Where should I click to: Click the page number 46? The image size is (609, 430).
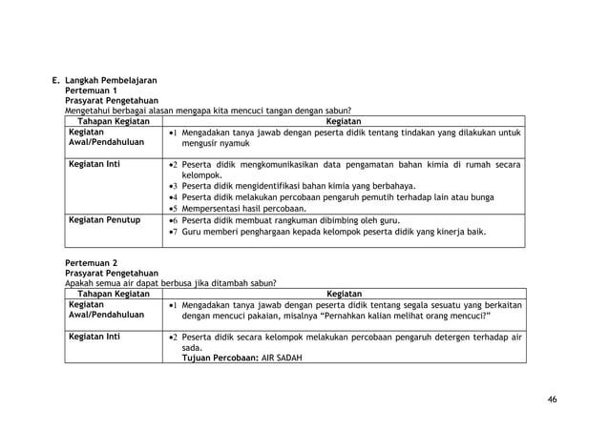552,398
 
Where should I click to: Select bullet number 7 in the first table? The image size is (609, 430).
172,232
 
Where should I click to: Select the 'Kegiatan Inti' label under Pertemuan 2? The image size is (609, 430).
93,337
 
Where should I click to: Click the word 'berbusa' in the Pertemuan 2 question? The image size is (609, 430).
170,283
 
